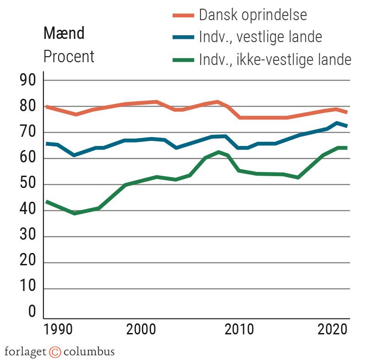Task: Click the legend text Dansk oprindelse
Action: tap(253, 15)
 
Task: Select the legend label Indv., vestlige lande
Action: tap(260, 37)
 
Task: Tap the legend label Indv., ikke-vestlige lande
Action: tap(275, 59)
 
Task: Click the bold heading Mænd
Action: tap(64, 33)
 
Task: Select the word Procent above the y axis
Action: tap(69, 57)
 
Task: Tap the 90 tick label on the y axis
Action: tap(26, 81)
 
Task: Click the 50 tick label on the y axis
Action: tap(26, 185)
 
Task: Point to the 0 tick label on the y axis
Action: tap(32, 312)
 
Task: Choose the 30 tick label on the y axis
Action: tap(26, 237)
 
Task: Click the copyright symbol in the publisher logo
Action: tap(55, 352)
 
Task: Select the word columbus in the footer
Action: tap(89, 352)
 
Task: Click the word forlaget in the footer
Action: tap(25, 352)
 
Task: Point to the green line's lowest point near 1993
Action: tap(74, 213)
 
